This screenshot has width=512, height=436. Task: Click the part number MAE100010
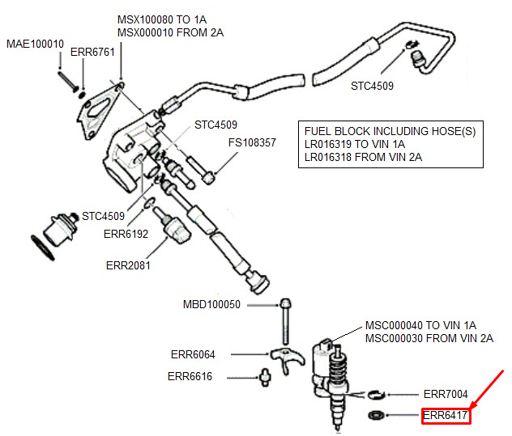[36, 44]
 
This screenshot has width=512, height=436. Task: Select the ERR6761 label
[92, 53]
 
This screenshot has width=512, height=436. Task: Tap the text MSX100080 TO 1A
[162, 19]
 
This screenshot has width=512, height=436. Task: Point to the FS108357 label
[252, 142]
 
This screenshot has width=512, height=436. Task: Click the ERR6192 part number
[126, 234]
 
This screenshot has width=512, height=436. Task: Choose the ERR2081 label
[128, 265]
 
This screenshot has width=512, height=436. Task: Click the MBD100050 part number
[211, 305]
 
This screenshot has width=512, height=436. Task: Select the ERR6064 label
[193, 354]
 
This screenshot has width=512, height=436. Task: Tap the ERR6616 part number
[190, 376]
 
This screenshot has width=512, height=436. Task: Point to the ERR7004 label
[446, 394]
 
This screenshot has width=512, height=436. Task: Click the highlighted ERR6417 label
[445, 416]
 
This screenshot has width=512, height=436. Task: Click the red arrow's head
[472, 407]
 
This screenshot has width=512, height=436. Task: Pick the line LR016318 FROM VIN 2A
[363, 157]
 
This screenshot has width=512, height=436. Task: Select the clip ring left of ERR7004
[376, 395]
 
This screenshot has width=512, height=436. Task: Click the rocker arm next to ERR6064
[288, 358]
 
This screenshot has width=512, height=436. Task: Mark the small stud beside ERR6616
[265, 378]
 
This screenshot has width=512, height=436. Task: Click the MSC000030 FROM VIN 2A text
[429, 338]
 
